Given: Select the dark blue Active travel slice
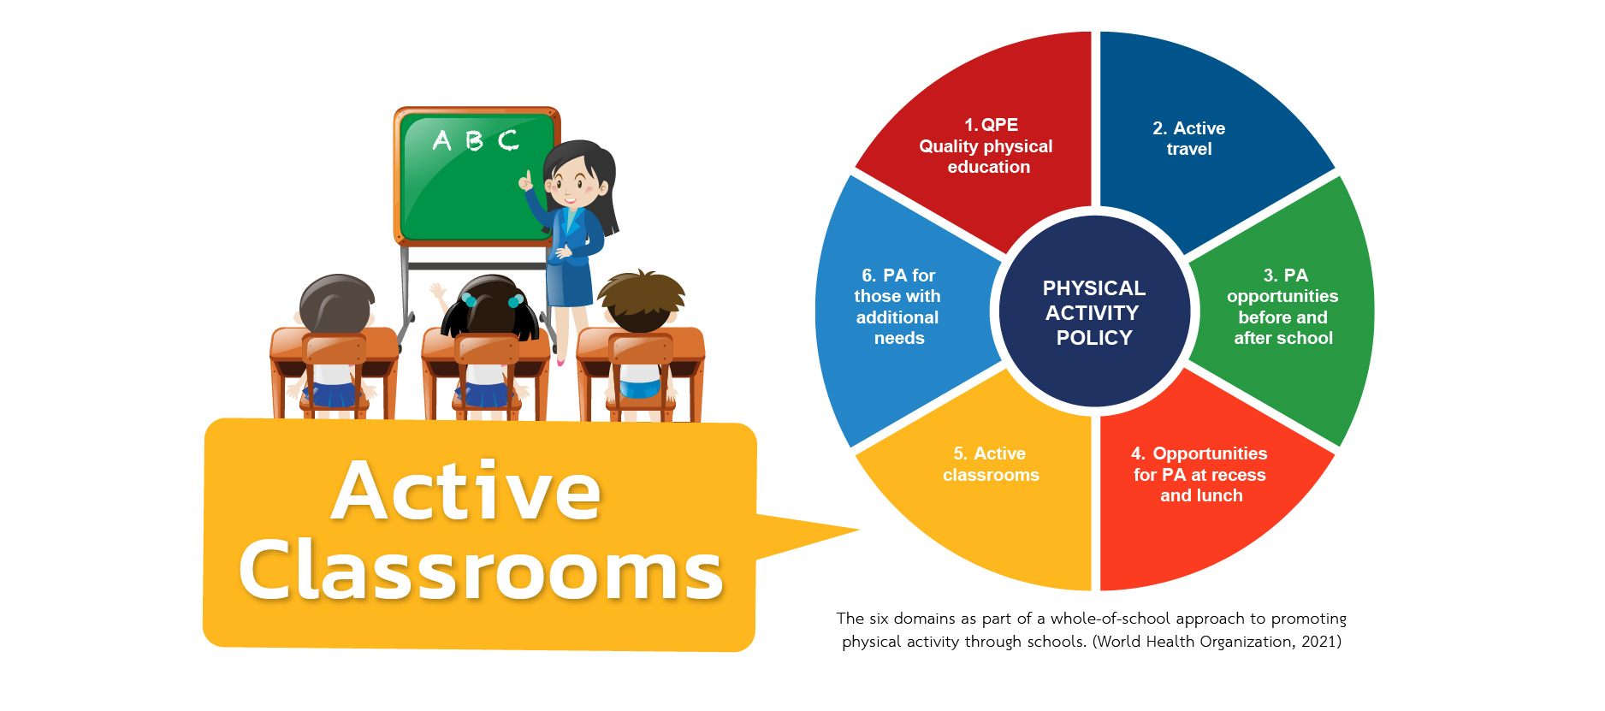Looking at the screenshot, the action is pos(1198,145).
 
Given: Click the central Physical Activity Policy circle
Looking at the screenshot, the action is pos(1094,311).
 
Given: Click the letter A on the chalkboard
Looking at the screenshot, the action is pos(441,139).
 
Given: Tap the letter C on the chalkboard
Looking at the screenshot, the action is pos(508,139).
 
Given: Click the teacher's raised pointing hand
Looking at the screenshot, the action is pos(525,181).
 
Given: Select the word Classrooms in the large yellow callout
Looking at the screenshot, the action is pos(481,569).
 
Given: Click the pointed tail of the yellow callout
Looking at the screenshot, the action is pos(858,530).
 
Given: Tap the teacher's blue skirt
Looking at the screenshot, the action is pos(571,282).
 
